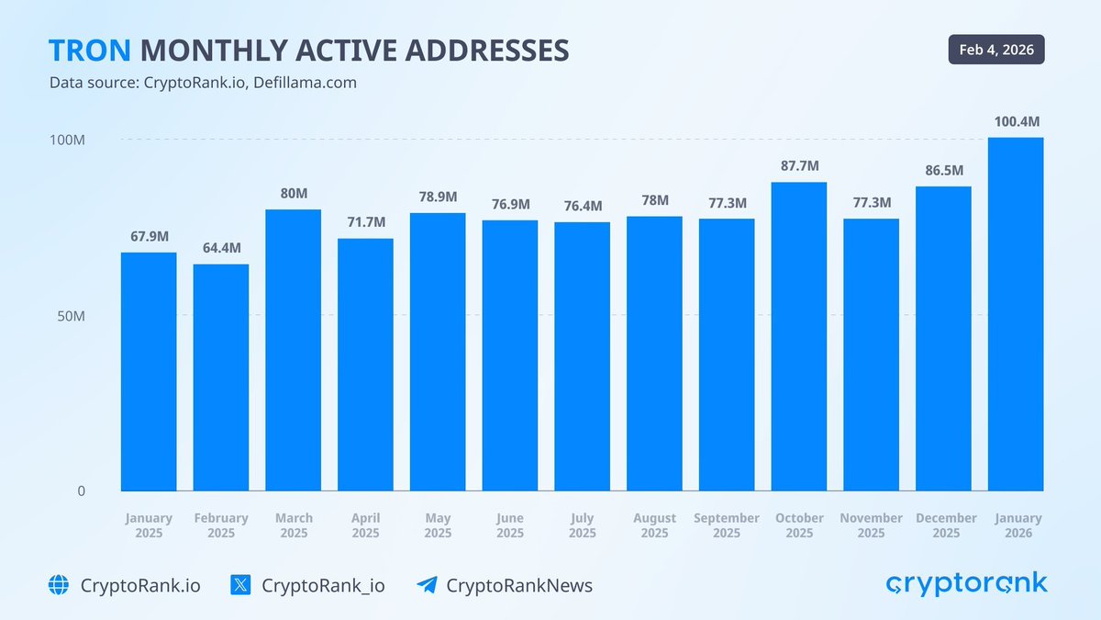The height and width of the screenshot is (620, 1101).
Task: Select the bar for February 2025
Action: coord(220,378)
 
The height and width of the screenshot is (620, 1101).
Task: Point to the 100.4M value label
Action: coord(1017,121)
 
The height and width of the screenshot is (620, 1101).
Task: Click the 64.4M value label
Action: coord(221,248)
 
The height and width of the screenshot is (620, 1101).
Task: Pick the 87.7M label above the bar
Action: coord(799,166)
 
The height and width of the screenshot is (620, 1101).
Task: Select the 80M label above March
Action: coord(294,194)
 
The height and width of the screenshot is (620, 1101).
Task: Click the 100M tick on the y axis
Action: coord(68,141)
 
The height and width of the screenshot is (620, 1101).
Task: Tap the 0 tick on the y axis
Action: coord(81,491)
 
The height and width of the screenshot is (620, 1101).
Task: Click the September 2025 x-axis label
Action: coord(727,525)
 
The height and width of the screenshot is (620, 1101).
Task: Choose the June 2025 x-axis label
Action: coord(510,525)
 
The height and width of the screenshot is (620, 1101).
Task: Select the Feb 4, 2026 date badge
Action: coord(996,50)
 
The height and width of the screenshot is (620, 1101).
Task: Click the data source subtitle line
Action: coord(203,83)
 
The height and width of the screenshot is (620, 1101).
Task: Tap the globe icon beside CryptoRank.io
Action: coord(60,585)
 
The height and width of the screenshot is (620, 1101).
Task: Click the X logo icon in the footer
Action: coord(240,585)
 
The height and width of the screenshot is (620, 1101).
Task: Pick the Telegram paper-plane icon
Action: coord(427,585)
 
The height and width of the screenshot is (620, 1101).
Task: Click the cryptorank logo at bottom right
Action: coord(966,583)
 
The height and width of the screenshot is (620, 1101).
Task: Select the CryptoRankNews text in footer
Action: coord(519,585)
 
